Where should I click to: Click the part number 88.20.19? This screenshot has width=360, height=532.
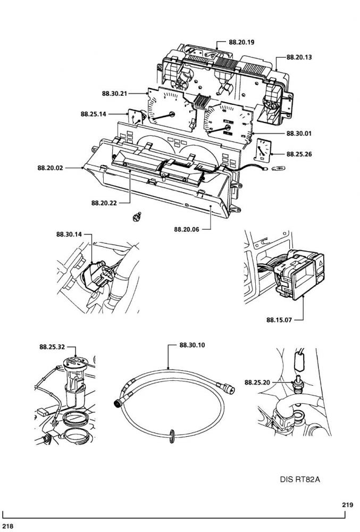click(241, 43)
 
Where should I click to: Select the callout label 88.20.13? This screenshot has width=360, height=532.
click(299, 57)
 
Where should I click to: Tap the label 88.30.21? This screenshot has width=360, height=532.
click(114, 93)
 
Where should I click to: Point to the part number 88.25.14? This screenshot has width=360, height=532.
click(93, 114)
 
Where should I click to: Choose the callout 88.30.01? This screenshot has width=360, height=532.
click(299, 134)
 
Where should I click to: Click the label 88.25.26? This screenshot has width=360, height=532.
click(299, 154)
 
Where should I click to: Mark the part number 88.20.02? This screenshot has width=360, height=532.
click(50, 168)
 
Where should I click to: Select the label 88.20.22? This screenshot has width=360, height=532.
click(104, 203)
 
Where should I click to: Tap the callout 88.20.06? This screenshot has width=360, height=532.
click(187, 229)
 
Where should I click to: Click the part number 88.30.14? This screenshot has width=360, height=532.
click(69, 234)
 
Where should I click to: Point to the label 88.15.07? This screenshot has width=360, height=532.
click(279, 320)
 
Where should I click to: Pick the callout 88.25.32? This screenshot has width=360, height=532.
click(52, 347)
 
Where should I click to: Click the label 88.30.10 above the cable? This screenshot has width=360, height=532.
click(192, 345)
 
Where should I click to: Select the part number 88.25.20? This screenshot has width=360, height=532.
click(257, 383)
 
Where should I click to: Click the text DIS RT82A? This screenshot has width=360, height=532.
click(300, 479)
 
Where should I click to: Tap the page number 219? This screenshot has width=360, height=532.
click(347, 505)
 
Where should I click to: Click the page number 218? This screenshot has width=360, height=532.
click(7, 526)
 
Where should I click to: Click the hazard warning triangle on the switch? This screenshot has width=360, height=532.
click(320, 262)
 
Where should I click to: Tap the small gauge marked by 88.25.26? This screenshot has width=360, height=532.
click(263, 149)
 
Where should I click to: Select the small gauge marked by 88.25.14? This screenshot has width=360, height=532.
click(136, 118)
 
